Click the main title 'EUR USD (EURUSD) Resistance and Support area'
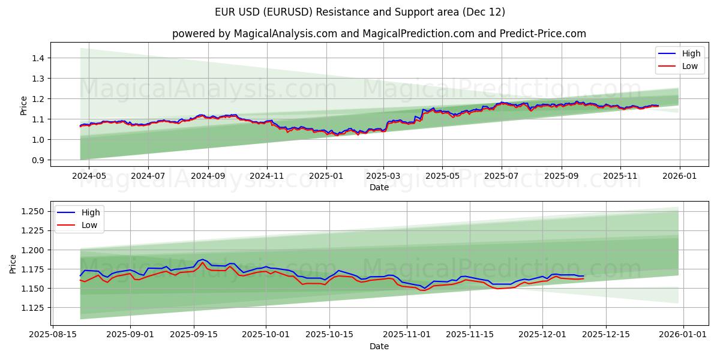pos(360,12)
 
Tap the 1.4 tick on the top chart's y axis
pos(37,58)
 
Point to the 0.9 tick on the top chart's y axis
pos(37,160)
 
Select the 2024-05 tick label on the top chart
pos(89,175)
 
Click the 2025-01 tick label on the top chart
pos(326,175)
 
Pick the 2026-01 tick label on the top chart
pos(679,175)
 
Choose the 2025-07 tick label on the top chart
pos(501,175)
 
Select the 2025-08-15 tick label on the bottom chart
pos(53,334)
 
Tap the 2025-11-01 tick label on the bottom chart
pos(407,334)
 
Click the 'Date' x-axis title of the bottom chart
pos(379,346)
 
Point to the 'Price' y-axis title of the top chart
pos(24,105)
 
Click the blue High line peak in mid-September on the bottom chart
pos(203,260)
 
